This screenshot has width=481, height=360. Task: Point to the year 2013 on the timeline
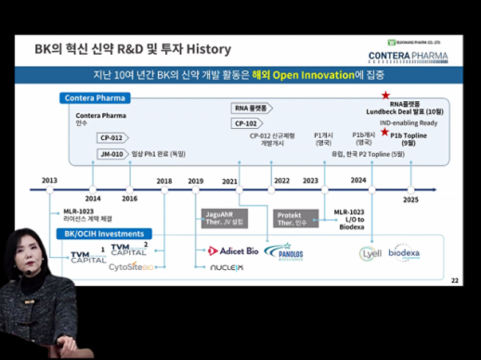click(x=49, y=180)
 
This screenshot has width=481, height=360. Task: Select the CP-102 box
click(x=246, y=122)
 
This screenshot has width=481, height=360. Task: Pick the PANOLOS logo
click(x=283, y=251)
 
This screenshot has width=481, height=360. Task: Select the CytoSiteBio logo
click(x=137, y=265)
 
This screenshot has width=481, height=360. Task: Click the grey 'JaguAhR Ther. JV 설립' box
click(x=224, y=219)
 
